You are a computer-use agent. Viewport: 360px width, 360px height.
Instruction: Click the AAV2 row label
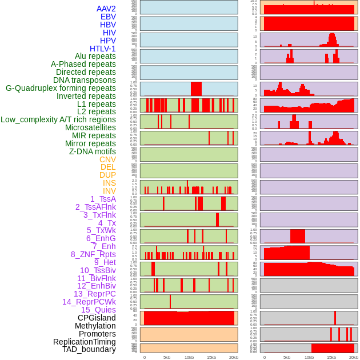click(x=106, y=9)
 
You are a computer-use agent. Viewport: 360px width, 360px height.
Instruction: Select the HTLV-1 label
click(x=102, y=49)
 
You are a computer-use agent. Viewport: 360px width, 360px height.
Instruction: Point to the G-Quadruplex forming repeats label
click(x=61, y=88)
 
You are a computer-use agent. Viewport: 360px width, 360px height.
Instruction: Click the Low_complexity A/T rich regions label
click(x=58, y=119)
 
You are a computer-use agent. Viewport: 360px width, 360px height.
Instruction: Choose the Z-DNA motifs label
click(x=92, y=151)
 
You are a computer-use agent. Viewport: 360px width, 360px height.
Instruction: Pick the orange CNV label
click(x=107, y=159)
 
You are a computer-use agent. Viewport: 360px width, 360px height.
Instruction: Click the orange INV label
click(x=109, y=191)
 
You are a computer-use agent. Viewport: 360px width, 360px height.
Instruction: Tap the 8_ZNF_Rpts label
click(x=93, y=254)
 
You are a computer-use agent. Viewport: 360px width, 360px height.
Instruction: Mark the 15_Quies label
click(x=98, y=310)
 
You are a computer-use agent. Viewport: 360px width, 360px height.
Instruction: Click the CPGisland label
click(x=97, y=318)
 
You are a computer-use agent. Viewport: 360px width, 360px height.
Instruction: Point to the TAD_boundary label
click(x=89, y=349)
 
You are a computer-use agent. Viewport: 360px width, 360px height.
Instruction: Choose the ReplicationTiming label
click(x=84, y=342)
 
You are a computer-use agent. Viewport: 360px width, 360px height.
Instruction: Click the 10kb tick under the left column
click(x=189, y=357)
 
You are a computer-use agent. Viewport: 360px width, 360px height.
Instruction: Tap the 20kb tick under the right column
click(x=354, y=357)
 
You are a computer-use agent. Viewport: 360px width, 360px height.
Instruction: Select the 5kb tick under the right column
click(x=286, y=357)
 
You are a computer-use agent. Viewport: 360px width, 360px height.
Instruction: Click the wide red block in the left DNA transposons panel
click(x=196, y=89)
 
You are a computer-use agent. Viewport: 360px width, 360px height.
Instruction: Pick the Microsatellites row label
click(x=90, y=127)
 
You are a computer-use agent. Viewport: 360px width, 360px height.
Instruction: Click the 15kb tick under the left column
click(x=211, y=357)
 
